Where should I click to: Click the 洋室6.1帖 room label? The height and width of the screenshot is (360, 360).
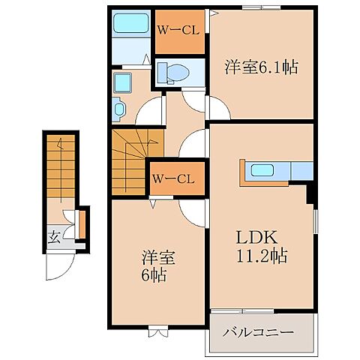click(x=261, y=67)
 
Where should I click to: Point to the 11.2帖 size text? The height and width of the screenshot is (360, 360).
click(x=261, y=255)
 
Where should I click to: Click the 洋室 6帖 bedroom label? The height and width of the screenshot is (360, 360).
click(x=158, y=265)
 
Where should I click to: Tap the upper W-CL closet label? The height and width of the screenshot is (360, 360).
click(x=178, y=31)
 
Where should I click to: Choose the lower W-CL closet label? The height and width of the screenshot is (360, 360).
click(x=174, y=178)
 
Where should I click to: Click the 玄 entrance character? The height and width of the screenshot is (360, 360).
click(x=55, y=238)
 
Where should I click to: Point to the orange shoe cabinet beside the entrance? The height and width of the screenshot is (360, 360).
click(x=82, y=223)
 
